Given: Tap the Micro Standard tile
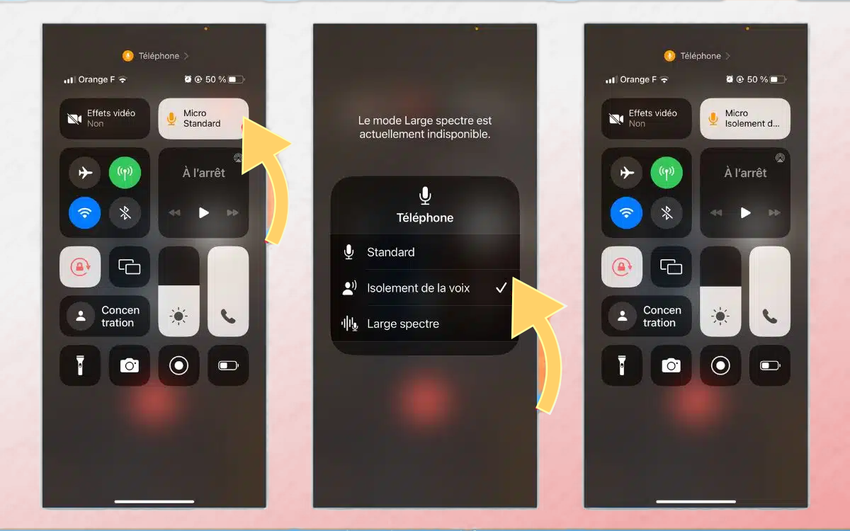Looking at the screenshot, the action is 203,119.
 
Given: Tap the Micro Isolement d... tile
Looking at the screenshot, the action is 745,119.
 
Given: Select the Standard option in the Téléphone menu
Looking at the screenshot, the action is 425,252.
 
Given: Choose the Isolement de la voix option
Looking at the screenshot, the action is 425,288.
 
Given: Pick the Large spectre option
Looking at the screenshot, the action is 425,324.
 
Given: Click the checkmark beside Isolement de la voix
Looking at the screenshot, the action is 501,288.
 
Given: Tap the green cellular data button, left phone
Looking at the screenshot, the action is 125,173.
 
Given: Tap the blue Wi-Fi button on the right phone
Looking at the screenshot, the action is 626,213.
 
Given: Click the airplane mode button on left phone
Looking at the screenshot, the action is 85,173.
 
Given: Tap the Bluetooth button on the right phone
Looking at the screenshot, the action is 667,213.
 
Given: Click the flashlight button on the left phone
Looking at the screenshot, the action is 80,365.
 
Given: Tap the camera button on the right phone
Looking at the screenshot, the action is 671,365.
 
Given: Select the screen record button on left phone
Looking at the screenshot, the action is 178,365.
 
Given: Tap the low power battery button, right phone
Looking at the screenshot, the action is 770,365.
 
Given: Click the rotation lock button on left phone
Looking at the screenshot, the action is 80,267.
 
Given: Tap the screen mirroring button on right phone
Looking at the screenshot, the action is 671,267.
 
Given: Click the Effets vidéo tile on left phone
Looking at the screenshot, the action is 105,119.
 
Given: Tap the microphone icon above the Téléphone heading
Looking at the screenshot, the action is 425,195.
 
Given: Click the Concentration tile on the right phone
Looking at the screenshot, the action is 647,316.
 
